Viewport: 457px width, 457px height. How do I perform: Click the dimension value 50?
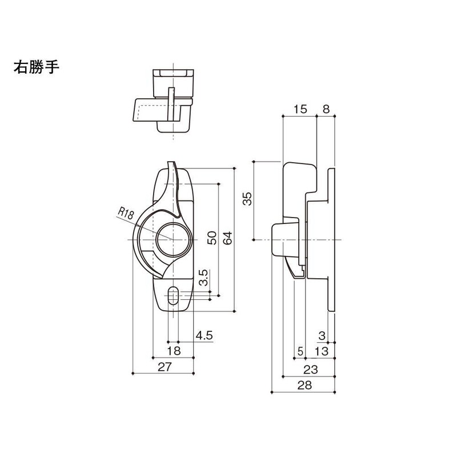(211, 238)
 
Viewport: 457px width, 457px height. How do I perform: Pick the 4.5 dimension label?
(203, 335)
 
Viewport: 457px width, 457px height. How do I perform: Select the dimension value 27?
(165, 368)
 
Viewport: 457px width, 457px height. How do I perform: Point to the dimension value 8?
(327, 109)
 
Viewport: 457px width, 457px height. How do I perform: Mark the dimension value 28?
(304, 386)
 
